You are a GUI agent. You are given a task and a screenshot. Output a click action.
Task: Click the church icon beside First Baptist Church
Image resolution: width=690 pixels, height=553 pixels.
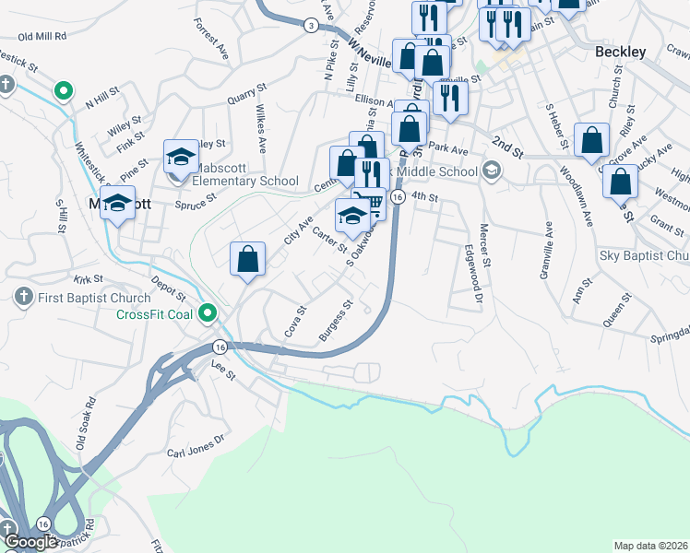24,298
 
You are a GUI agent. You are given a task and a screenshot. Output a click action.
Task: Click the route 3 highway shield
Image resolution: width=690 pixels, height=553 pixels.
311,26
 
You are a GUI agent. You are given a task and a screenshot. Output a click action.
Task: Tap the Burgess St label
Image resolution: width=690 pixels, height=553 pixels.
336,320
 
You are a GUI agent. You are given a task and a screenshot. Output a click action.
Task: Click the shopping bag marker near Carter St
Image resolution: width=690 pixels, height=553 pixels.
248,258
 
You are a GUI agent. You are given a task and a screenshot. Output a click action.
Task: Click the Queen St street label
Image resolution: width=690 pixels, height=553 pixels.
614,310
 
